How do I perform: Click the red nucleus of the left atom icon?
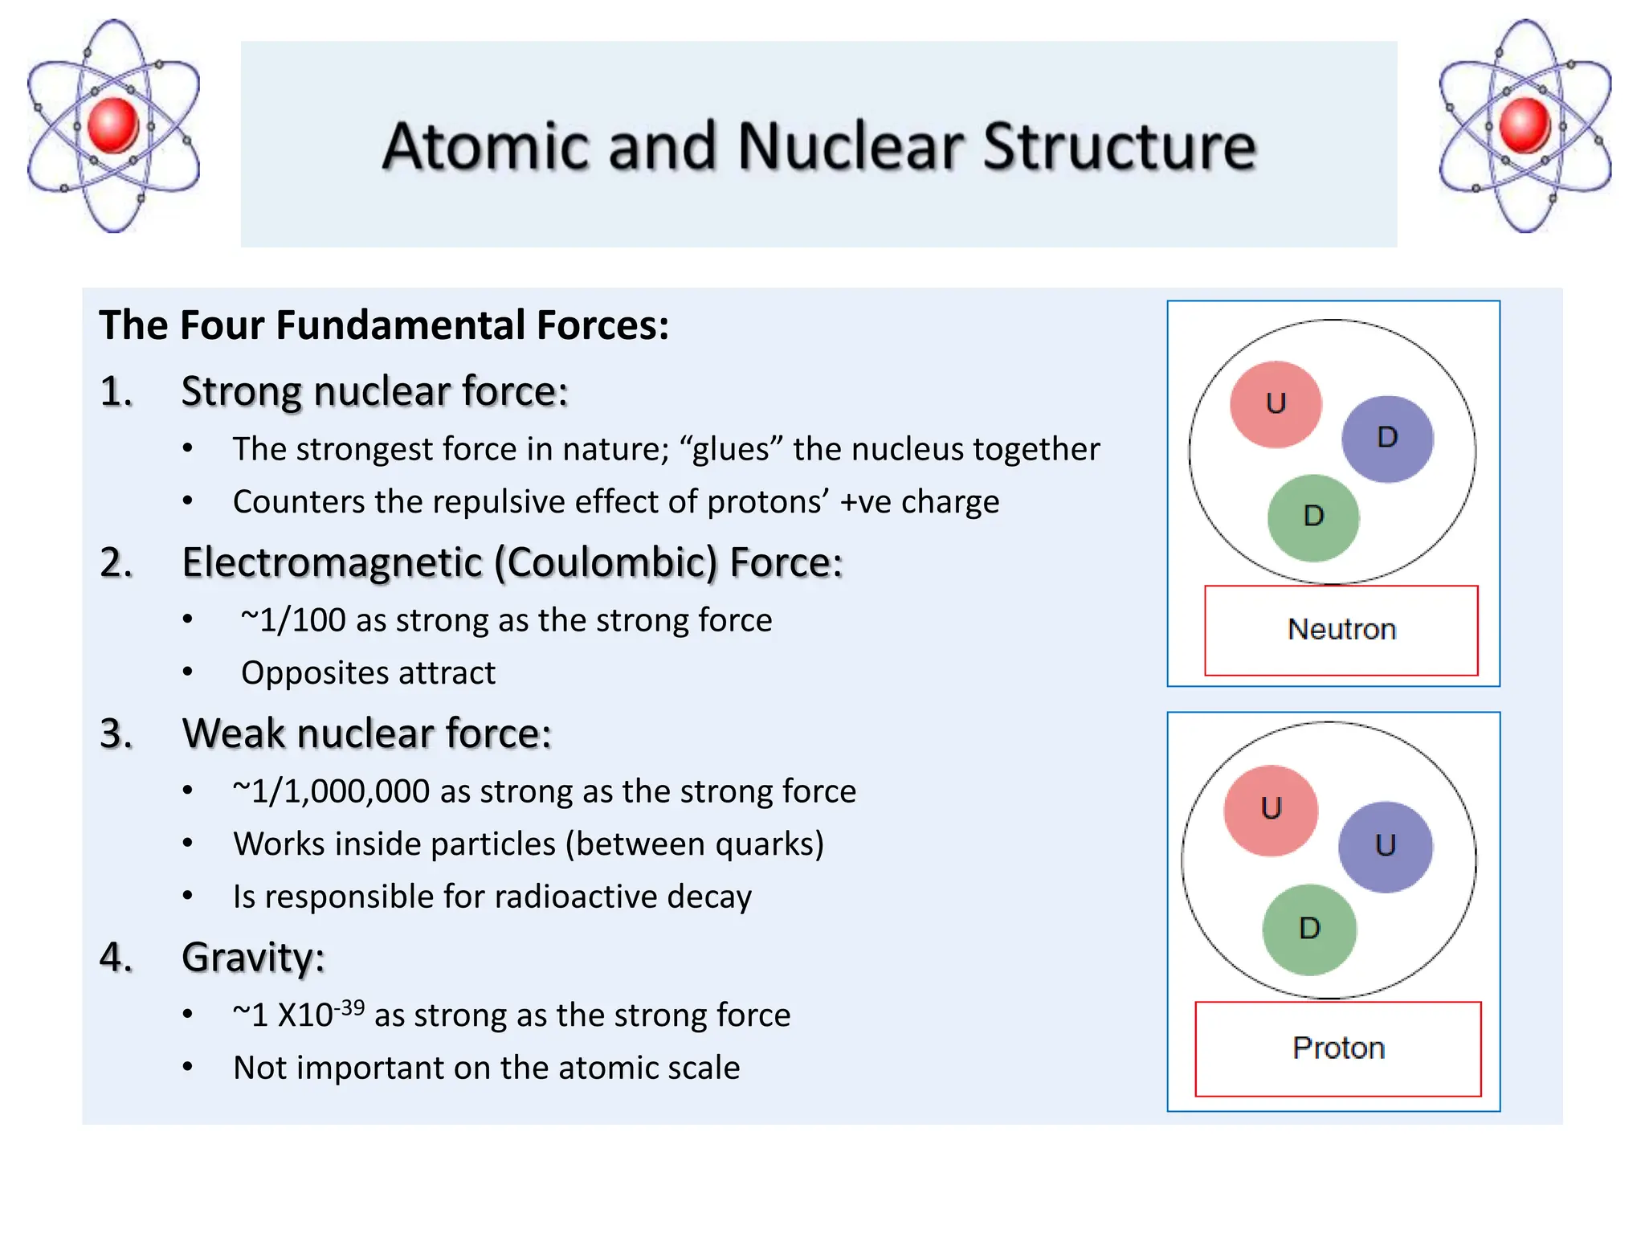113,125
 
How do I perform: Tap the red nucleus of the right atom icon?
1524,125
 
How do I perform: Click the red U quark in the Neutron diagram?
1276,404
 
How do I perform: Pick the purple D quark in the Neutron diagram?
1387,439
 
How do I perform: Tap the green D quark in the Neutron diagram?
1313,517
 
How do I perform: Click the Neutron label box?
1341,630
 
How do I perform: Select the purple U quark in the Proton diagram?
1386,847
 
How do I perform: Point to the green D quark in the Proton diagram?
1309,930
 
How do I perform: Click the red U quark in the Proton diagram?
1271,810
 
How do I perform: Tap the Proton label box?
1338,1048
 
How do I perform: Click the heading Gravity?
253,958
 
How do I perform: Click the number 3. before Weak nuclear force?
116,733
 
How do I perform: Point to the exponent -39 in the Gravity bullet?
350,1007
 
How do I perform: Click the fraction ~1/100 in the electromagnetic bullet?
293,620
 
